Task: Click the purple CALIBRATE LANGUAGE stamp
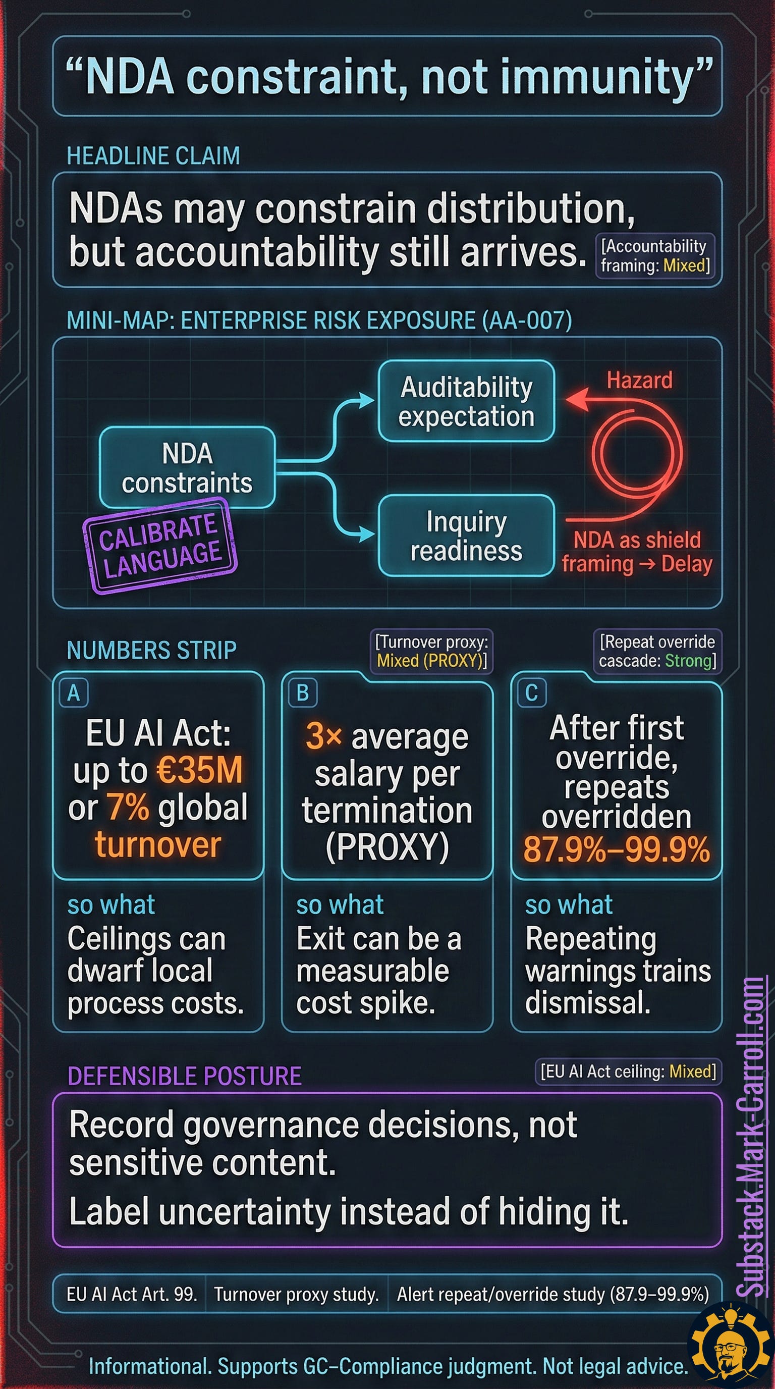coord(160,545)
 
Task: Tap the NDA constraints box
coord(187,467)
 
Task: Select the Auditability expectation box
coord(466,401)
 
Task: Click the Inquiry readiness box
coord(466,536)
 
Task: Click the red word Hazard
coord(640,380)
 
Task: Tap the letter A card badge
coord(74,692)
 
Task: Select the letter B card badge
coord(302,692)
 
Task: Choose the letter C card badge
coord(531,692)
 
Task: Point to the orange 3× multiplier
coord(323,735)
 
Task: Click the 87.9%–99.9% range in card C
coord(617,849)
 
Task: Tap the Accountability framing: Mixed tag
coord(655,255)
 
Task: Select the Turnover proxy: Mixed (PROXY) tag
coord(431,651)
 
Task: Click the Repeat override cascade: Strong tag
coord(657,651)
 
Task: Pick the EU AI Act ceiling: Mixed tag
coord(628,1071)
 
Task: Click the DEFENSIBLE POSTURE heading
coord(184,1076)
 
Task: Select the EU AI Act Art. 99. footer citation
coord(132,1294)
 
